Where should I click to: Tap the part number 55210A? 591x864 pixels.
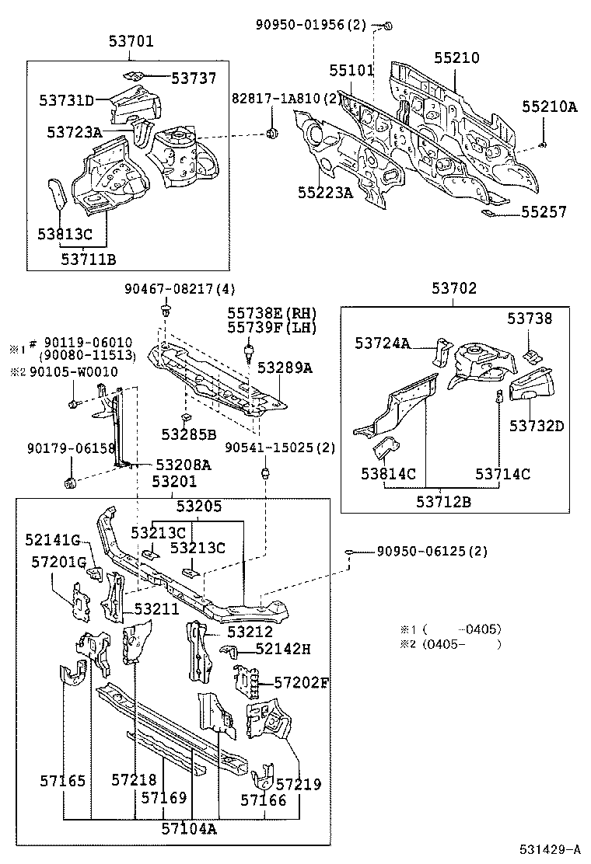coord(549,107)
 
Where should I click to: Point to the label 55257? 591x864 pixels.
coord(544,211)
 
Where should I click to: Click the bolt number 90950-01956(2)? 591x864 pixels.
coord(310,25)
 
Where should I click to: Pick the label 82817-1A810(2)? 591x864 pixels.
coord(285,99)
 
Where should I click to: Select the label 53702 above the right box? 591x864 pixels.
coord(454,288)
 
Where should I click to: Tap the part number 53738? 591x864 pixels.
coord(530,318)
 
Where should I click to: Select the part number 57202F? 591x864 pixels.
coord(302,683)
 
